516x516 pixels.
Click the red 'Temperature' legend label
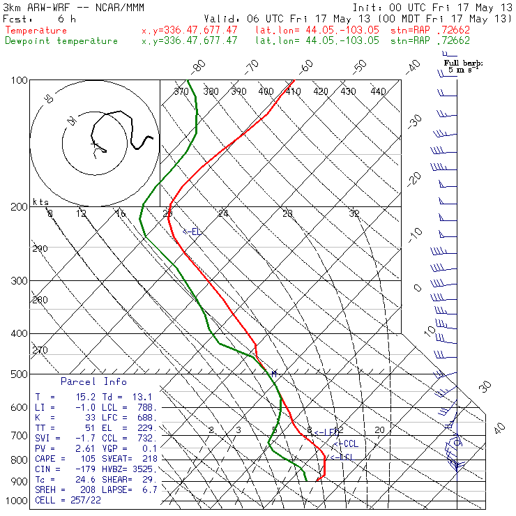tap(36, 31)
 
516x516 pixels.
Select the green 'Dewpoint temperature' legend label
tap(61, 40)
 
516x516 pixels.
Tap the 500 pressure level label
tap(19, 374)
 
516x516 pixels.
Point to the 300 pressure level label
tap(19, 281)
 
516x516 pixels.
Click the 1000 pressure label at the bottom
tap(16, 501)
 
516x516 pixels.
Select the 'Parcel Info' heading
tap(93, 381)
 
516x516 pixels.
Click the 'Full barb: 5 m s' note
tap(464, 67)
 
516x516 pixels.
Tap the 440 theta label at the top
tap(378, 91)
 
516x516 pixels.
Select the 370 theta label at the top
tap(181, 91)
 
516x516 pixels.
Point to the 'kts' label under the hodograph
tap(41, 202)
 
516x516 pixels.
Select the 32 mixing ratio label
tap(354, 213)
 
